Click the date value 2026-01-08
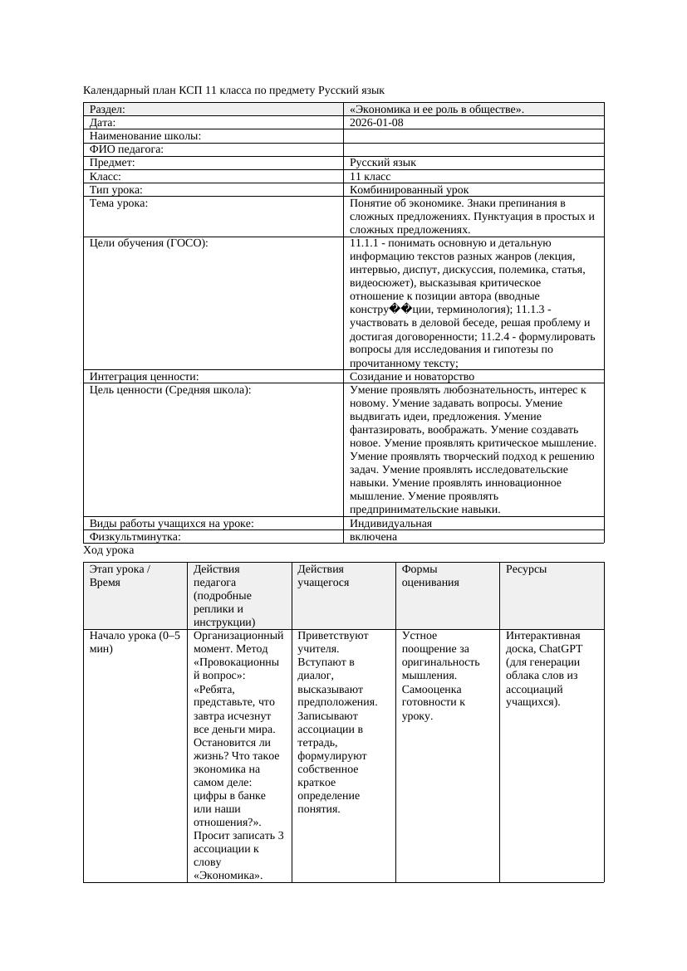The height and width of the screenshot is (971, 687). click(377, 123)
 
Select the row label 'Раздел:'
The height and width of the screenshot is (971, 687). click(107, 110)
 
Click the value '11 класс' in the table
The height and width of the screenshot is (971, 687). click(370, 177)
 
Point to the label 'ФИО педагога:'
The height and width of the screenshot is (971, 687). click(126, 149)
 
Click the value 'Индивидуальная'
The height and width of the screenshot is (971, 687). click(390, 524)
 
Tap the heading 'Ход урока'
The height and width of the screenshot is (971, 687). click(109, 550)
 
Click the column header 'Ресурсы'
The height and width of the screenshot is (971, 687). click(526, 569)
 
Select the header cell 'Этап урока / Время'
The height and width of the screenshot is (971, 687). click(120, 576)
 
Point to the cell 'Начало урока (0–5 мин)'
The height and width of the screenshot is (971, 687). click(133, 642)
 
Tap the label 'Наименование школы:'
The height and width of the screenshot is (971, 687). click(145, 136)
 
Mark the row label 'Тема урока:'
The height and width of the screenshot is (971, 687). click(119, 203)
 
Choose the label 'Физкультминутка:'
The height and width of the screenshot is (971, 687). click(135, 537)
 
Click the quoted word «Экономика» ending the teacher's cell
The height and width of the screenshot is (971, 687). click(227, 876)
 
